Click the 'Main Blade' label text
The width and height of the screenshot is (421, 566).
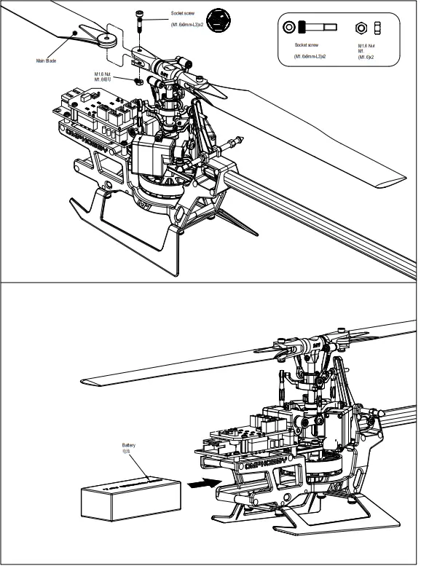[x=46, y=60]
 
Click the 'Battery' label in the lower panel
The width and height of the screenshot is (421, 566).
[x=128, y=445]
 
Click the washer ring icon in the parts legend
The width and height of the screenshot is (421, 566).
[x=290, y=27]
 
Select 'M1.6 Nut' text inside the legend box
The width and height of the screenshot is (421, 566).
[x=367, y=46]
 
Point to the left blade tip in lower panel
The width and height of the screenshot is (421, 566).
[x=84, y=381]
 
